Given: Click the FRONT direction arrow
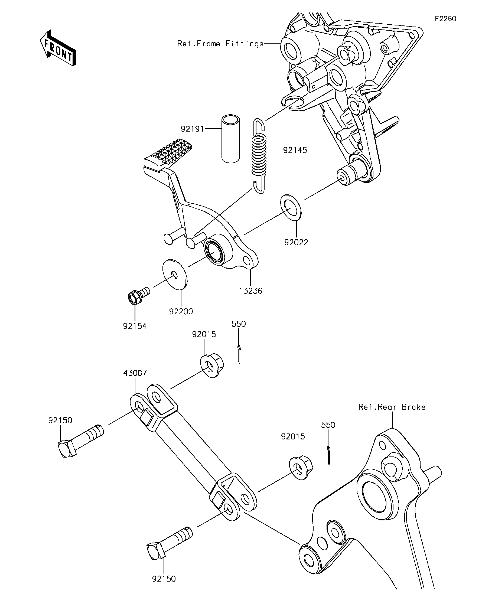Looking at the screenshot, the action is pyautogui.click(x=58, y=48).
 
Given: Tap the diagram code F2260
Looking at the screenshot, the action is pyautogui.click(x=445, y=19).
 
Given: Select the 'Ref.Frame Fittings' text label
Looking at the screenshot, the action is pyautogui.click(x=220, y=44).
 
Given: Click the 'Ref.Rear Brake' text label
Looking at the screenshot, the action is pyautogui.click(x=392, y=407).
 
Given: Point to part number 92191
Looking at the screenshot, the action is pyautogui.click(x=193, y=129).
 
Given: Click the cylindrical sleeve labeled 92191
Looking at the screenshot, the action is pyautogui.click(x=231, y=139).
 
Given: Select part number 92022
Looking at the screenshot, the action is pyautogui.click(x=296, y=242).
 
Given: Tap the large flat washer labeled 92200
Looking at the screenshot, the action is pyautogui.click(x=175, y=274).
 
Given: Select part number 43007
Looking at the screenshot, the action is pyautogui.click(x=135, y=373).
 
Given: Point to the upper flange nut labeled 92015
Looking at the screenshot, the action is pyautogui.click(x=212, y=365).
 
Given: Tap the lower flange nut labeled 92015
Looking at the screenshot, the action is pyautogui.click(x=301, y=467).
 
